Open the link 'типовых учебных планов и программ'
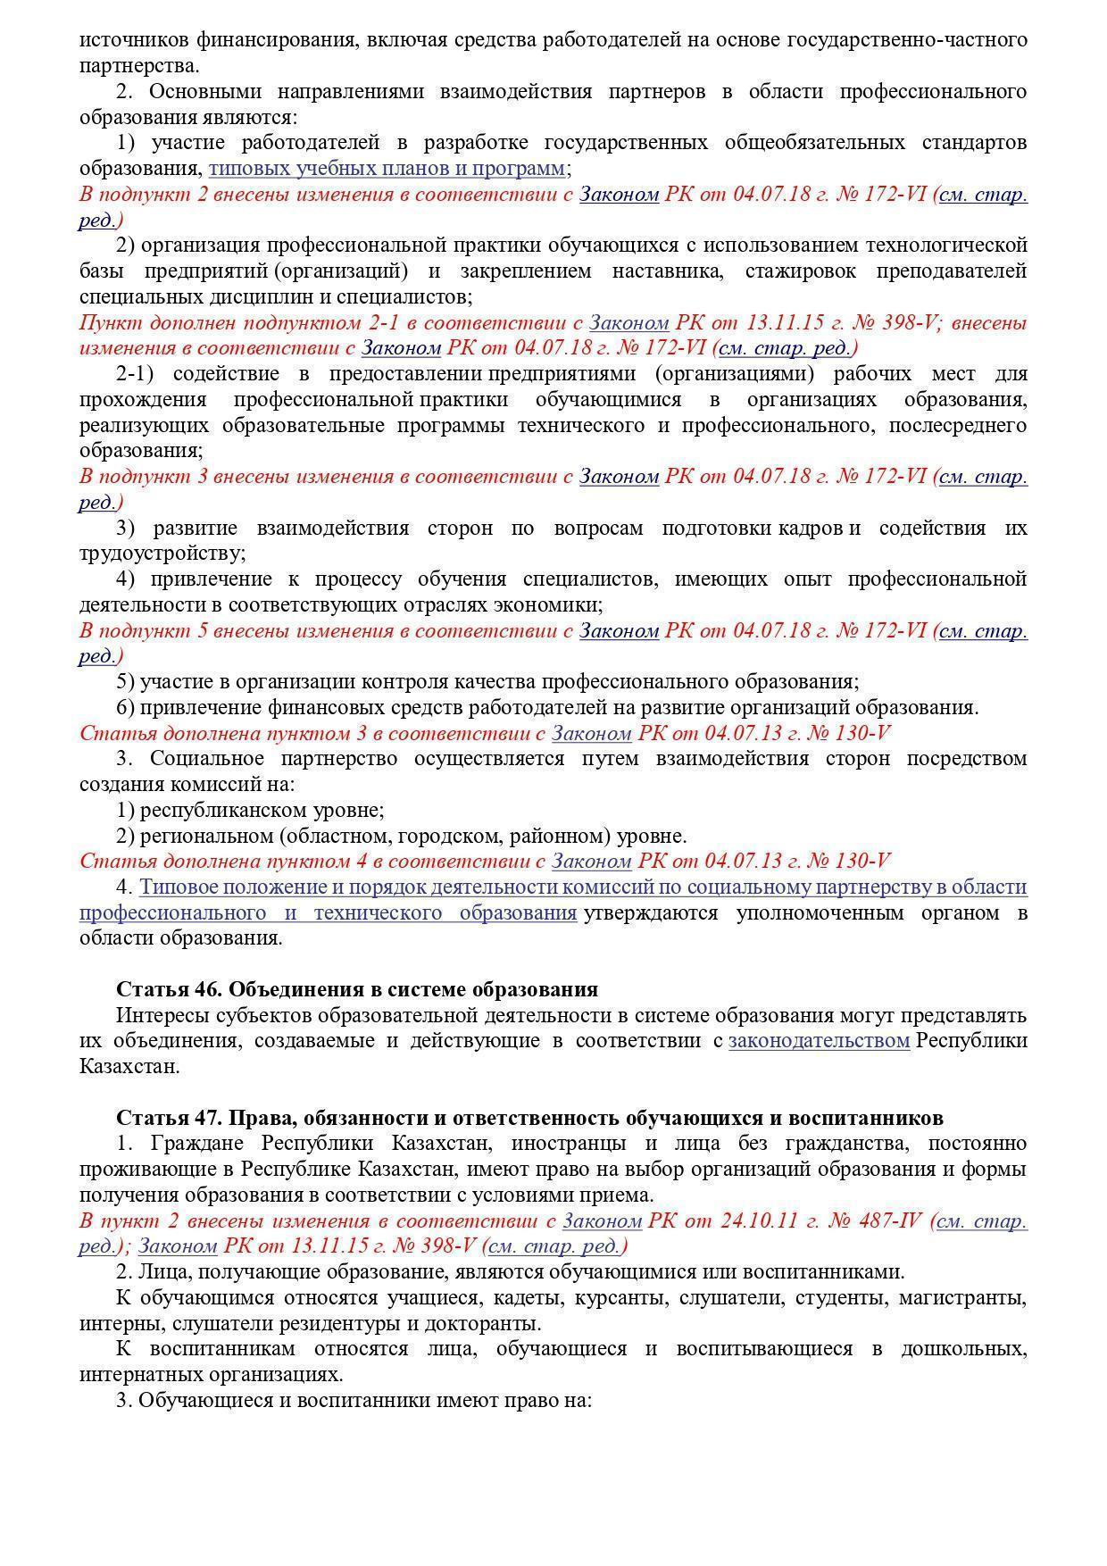[x=387, y=168]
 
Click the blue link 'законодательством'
[x=819, y=1041]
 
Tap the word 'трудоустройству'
[x=162, y=554]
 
